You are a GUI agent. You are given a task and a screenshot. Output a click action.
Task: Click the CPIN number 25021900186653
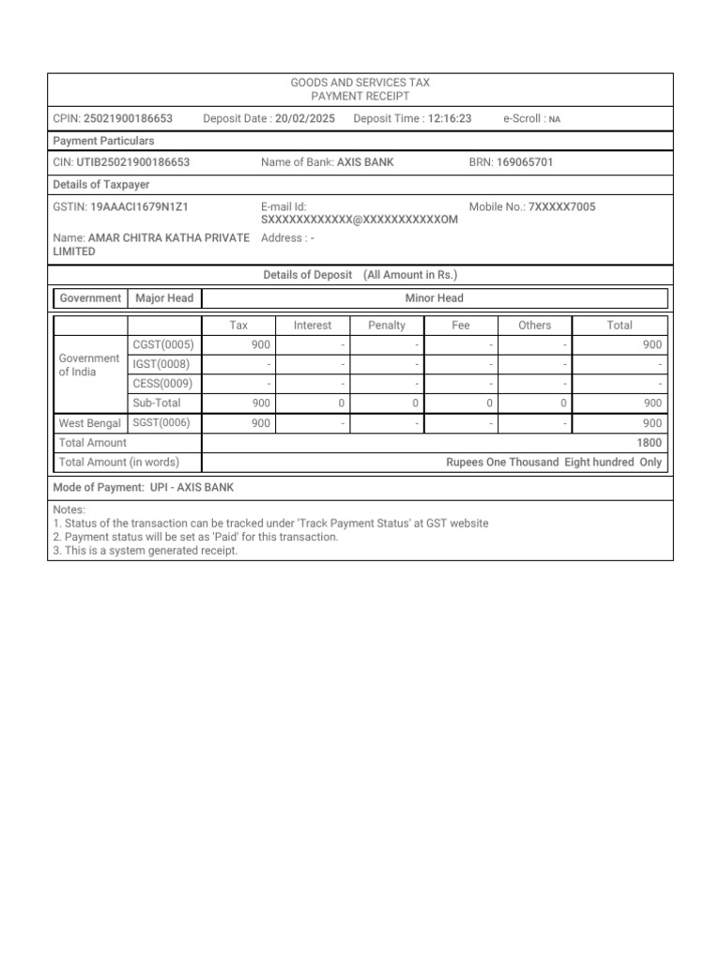pyautogui.click(x=128, y=118)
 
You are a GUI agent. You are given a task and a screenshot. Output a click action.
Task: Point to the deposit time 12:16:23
pyautogui.click(x=449, y=118)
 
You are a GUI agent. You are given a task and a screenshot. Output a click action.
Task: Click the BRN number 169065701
pyautogui.click(x=525, y=162)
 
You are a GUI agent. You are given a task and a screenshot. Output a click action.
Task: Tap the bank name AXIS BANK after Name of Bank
pyautogui.click(x=365, y=162)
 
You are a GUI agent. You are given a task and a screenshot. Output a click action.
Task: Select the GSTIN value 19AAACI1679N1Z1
pyautogui.click(x=145, y=206)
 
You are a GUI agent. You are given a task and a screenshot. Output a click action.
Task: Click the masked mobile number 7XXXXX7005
pyautogui.click(x=561, y=206)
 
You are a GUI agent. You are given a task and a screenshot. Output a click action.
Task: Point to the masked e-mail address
pyautogui.click(x=360, y=220)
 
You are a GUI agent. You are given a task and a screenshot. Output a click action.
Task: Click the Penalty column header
pyautogui.click(x=387, y=326)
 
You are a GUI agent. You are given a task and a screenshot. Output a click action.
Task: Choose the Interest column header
pyautogui.click(x=313, y=326)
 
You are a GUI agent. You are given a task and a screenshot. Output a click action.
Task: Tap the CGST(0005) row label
pyautogui.click(x=163, y=345)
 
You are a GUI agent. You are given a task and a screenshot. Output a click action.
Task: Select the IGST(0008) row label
pyautogui.click(x=161, y=364)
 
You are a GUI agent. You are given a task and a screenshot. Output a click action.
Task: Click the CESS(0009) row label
pyautogui.click(x=163, y=384)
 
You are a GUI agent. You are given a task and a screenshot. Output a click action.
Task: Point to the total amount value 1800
pyautogui.click(x=649, y=443)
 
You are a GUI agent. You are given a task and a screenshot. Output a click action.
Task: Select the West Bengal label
pyautogui.click(x=90, y=423)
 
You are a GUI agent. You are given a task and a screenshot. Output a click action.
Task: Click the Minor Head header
pyautogui.click(x=434, y=298)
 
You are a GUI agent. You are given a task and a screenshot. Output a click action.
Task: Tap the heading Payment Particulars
pyautogui.click(x=104, y=141)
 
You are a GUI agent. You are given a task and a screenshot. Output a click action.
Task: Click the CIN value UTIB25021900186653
pyautogui.click(x=133, y=162)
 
